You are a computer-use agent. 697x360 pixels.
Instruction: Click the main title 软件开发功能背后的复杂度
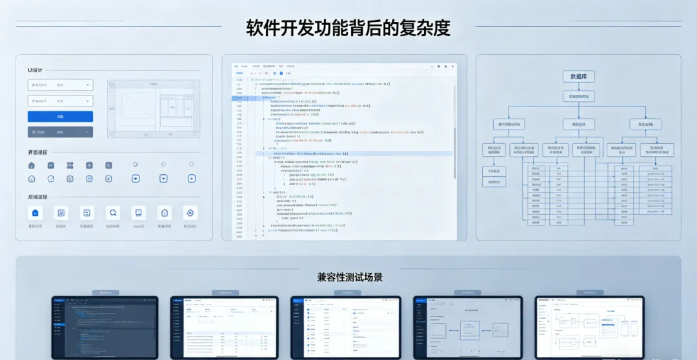tap(348, 28)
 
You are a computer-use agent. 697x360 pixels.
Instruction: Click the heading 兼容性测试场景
tap(349, 277)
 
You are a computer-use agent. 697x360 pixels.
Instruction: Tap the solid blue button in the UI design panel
tap(60, 117)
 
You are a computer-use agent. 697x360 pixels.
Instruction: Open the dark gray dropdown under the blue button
tap(60, 132)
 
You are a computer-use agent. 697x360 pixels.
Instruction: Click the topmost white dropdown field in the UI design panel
tap(60, 85)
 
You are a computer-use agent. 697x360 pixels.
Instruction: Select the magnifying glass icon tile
tap(113, 213)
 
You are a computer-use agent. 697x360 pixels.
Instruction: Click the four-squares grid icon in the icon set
tap(70, 166)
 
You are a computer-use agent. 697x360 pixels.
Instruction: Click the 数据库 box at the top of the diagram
tap(578, 77)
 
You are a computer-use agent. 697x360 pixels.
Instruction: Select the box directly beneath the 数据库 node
tap(578, 96)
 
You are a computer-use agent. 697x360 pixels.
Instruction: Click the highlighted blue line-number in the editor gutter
tap(239, 98)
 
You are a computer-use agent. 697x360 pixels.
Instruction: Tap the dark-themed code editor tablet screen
tap(105, 327)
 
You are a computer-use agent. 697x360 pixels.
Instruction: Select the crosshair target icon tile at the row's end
tap(190, 213)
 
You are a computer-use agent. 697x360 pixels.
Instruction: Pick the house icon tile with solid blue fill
tap(35, 213)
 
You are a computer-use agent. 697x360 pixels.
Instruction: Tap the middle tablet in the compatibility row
tap(345, 327)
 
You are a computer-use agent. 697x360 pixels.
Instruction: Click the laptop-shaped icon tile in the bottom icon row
tap(137, 213)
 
